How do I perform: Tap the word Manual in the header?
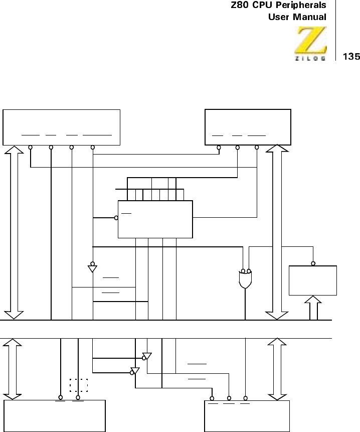pyautogui.click(x=310, y=17)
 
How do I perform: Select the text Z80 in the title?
pyautogui.click(x=240, y=6)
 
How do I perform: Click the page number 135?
pyautogui.click(x=351, y=57)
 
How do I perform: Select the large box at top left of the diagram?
pyautogui.click(x=62, y=126)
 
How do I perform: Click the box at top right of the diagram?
pyautogui.click(x=248, y=126)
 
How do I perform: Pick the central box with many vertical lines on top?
pyautogui.click(x=155, y=219)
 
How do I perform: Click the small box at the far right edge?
pyautogui.click(x=313, y=280)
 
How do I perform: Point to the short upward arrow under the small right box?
pyautogui.click(x=313, y=308)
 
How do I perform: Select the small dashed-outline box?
pyautogui.click(x=79, y=385)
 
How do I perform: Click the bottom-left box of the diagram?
pyautogui.click(x=55, y=416)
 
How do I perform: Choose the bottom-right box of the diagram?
pyautogui.click(x=247, y=416)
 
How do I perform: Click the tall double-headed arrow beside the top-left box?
pyautogui.click(x=14, y=232)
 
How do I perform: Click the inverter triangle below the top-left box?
pyautogui.click(x=92, y=268)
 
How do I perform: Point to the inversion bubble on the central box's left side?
pyautogui.click(x=116, y=218)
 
